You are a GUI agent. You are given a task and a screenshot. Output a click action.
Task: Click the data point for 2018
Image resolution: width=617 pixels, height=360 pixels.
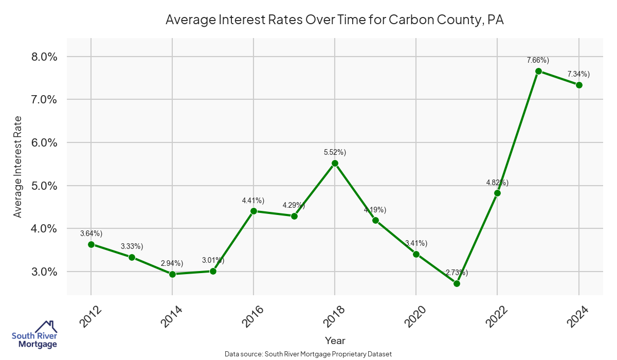coord(335,164)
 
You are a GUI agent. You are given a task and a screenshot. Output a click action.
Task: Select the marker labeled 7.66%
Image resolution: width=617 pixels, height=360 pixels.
coord(538,71)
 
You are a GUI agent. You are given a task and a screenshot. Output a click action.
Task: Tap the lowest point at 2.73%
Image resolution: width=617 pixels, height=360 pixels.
coord(457,283)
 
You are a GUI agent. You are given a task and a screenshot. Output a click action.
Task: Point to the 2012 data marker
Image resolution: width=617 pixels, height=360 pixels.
coord(91,244)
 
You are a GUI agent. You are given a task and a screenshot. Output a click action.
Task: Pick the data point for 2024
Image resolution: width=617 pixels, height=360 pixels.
coord(579,85)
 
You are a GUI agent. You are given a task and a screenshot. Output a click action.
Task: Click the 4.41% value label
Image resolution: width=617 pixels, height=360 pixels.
coord(253,200)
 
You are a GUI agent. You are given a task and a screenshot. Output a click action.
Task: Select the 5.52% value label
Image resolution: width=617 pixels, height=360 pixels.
coord(335,152)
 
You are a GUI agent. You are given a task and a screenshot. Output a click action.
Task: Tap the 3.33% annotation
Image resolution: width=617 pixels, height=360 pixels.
coord(132,246)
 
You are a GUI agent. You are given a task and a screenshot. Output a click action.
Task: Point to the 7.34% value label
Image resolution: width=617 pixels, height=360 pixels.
coord(578,74)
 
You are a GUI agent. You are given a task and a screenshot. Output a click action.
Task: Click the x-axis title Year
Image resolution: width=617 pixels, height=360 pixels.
coord(335,340)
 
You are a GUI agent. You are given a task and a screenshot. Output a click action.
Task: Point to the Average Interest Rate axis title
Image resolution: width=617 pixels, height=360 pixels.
coord(18,166)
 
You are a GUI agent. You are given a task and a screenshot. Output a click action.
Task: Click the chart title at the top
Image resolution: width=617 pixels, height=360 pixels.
coord(335,20)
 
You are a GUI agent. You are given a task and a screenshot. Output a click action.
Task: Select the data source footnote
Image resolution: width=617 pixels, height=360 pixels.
coord(308,354)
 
